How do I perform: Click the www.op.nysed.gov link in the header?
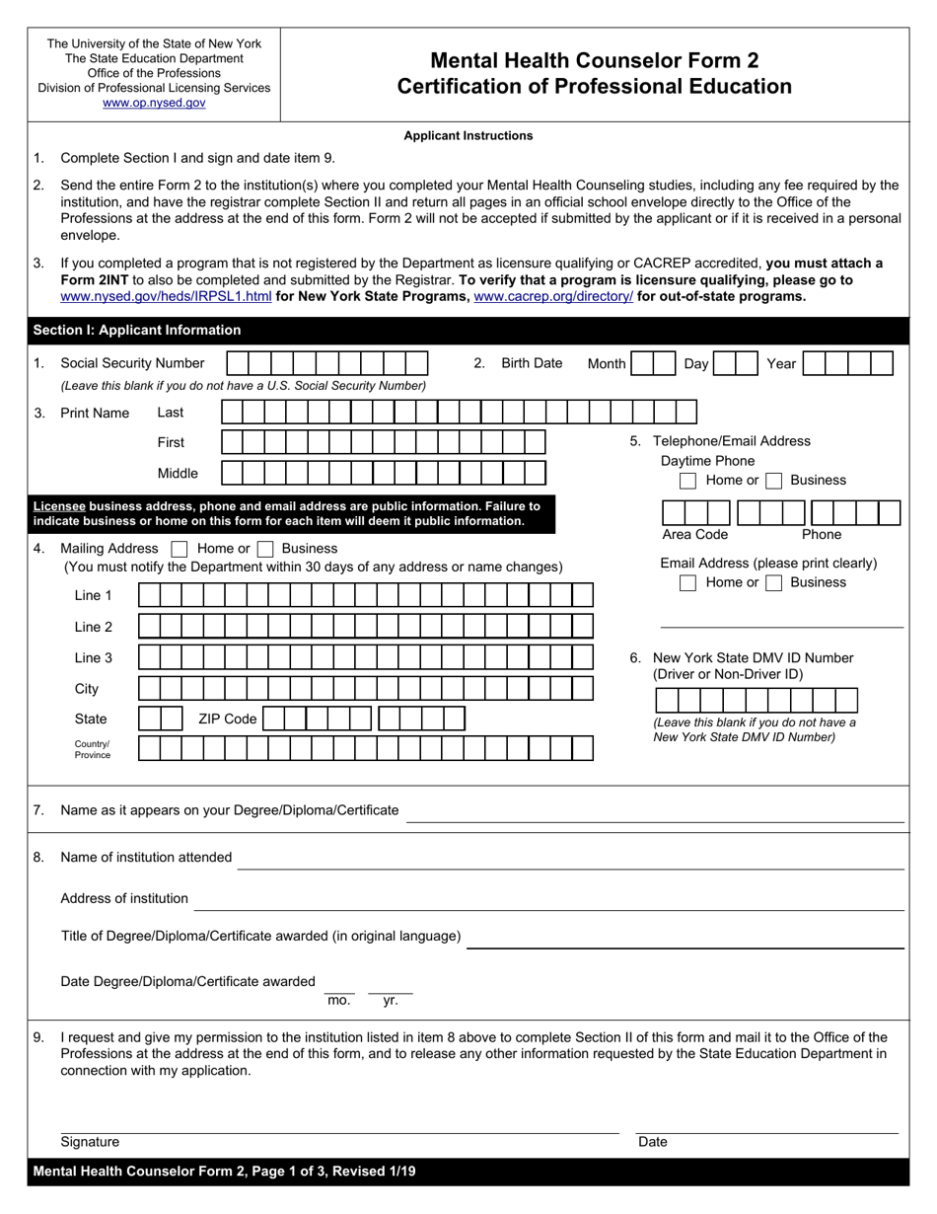tap(154, 103)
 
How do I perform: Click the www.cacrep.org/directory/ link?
tap(553, 296)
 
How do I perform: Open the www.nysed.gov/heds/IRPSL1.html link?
tap(166, 296)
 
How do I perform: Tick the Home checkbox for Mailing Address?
tap(180, 549)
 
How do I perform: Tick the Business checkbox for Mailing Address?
tap(264, 549)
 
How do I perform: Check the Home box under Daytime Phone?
tap(688, 481)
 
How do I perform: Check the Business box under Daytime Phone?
tap(774, 481)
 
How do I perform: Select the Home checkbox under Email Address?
tap(688, 583)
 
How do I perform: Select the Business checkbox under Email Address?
tap(774, 583)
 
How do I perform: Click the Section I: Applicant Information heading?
tap(137, 331)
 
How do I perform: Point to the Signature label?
tap(90, 1142)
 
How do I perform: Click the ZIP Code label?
tap(227, 720)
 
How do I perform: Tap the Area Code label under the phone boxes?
tap(694, 535)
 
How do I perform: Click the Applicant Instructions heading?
tap(468, 136)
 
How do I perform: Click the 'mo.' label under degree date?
tap(338, 1001)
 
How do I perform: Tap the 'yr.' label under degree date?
tap(391, 1001)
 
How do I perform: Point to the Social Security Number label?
tap(132, 363)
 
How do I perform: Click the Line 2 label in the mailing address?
tap(93, 627)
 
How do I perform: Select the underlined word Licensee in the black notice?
tap(59, 506)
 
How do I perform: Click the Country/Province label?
tap(93, 749)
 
